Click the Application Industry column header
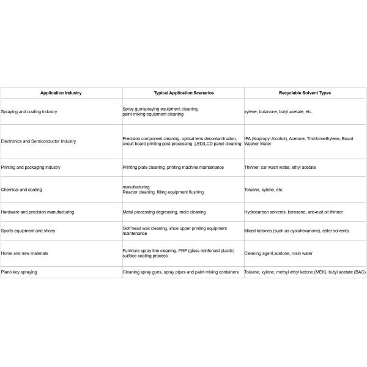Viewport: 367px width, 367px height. pos(61,93)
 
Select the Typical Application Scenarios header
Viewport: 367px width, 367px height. pos(183,93)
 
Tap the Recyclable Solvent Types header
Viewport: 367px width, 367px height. pos(305,93)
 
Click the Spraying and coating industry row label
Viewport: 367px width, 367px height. pos(29,112)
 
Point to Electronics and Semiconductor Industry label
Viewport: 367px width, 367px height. pos(39,141)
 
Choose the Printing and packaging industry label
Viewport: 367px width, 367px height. pos(31,167)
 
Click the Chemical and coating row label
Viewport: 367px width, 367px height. pos(22,190)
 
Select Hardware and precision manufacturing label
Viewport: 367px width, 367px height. pos(38,212)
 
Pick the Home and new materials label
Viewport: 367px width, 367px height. pos(25,253)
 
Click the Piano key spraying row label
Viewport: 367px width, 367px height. pos(19,272)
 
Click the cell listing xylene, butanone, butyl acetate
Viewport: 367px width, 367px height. pos(278,112)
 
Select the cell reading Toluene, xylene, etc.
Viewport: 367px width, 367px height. pos(264,190)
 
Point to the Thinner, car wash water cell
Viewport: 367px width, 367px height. pos(280,167)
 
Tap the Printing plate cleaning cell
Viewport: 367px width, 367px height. pos(173,167)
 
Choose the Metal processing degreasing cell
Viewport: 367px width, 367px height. pos(164,212)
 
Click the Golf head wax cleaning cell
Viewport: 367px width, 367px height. pos(174,231)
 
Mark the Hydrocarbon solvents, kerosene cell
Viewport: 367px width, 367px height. pos(294,212)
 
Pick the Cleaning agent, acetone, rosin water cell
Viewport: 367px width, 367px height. pos(279,253)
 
